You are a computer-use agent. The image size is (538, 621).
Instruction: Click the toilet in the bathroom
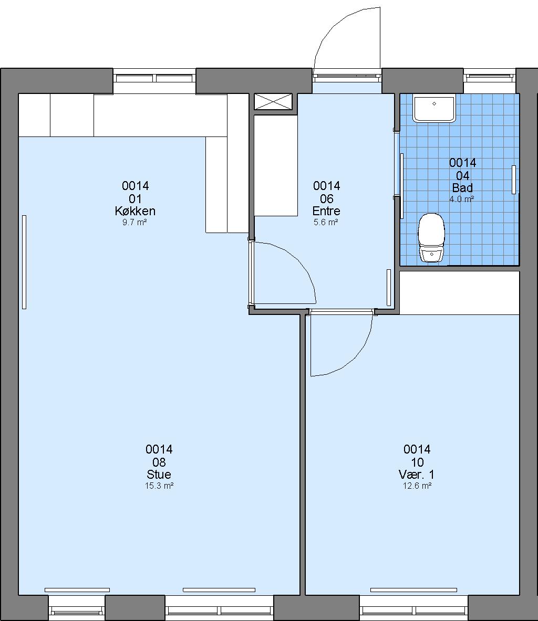click(431, 238)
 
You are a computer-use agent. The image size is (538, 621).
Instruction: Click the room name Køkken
click(135, 211)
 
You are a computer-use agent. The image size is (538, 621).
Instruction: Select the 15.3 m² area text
click(159, 486)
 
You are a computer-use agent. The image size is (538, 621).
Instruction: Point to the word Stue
click(159, 474)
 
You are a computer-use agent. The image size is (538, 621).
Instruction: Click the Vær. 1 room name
click(417, 474)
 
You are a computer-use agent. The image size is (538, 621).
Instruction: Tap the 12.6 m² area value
click(417, 486)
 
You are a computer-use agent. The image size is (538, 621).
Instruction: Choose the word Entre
click(326, 211)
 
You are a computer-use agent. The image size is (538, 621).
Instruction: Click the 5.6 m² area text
click(326, 222)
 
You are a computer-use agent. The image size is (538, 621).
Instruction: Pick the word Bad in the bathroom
click(462, 188)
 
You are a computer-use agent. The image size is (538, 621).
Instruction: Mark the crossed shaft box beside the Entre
click(273, 101)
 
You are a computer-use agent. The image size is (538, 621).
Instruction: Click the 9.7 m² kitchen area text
click(134, 222)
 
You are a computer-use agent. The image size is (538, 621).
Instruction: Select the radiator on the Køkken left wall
click(24, 262)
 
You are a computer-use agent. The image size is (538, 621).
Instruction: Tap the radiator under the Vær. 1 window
click(413, 590)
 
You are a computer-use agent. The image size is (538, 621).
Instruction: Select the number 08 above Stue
click(159, 462)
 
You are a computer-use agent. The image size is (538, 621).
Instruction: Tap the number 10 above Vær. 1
click(418, 462)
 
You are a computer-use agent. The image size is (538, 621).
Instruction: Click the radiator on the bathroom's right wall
click(514, 180)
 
